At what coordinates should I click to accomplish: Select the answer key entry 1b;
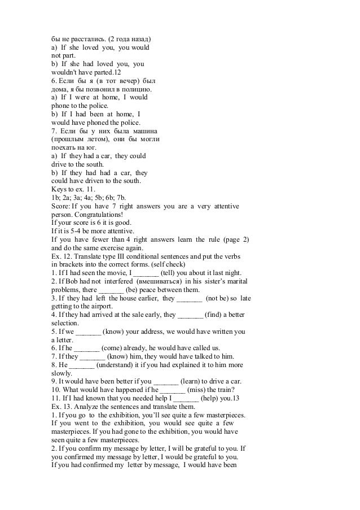(x=56, y=198)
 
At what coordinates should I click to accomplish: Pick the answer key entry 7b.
(x=121, y=198)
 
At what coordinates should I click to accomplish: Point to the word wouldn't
(x=65, y=73)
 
